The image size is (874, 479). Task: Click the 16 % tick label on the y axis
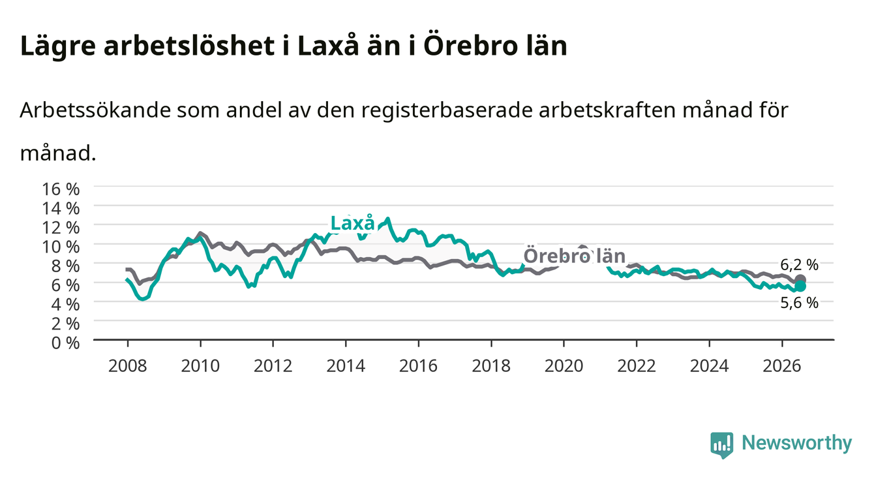[x=61, y=189]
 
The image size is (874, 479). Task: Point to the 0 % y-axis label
[x=65, y=343]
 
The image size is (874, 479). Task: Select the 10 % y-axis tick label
[x=61, y=247]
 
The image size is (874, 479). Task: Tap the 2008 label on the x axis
[x=128, y=366]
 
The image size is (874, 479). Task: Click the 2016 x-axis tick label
[x=418, y=366]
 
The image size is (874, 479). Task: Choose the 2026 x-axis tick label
[x=782, y=366]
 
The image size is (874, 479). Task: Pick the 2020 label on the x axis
[x=564, y=366]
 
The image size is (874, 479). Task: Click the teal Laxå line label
[x=353, y=223]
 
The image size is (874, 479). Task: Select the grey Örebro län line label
[x=575, y=256]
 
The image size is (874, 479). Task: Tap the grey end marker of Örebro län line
[x=800, y=279]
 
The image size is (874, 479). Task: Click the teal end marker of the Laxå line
[x=800, y=286]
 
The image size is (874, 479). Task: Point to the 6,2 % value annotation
[x=799, y=265]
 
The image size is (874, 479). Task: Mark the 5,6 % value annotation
[x=799, y=303]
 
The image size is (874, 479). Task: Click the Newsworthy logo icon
[x=722, y=445]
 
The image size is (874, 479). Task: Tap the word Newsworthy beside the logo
[x=797, y=443]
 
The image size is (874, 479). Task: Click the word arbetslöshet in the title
[x=189, y=46]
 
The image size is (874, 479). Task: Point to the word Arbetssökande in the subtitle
[x=95, y=110]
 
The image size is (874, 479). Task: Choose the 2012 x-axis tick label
[x=273, y=366]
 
